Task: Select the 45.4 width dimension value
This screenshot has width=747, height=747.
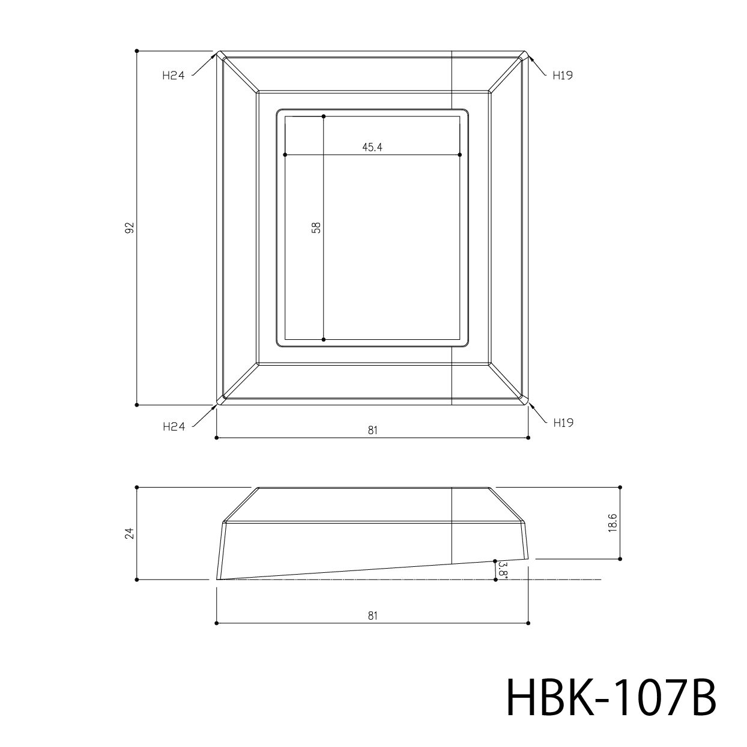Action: coord(372,147)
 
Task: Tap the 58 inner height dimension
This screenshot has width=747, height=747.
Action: coord(316,227)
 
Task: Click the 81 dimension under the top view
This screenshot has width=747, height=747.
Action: coord(372,431)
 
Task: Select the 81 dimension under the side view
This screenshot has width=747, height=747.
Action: coord(372,615)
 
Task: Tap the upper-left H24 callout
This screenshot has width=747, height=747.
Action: coord(174,76)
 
